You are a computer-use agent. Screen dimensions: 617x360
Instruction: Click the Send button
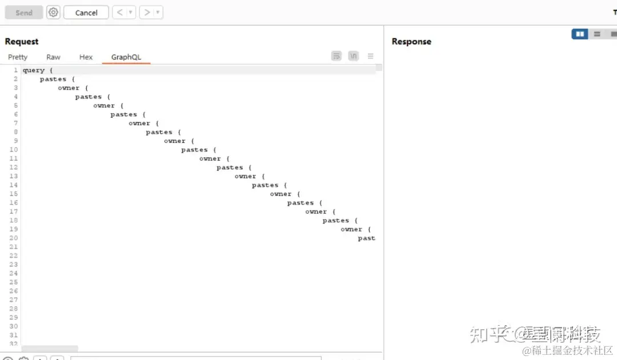point(24,13)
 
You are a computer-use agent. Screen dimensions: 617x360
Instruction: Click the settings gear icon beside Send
point(53,12)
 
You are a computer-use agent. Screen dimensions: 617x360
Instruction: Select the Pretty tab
point(18,57)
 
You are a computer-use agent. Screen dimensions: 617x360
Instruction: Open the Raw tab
point(53,57)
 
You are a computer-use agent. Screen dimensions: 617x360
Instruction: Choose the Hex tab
point(86,57)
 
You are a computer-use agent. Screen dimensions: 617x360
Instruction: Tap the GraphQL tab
point(126,57)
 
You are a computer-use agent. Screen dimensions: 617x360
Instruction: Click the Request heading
point(22,42)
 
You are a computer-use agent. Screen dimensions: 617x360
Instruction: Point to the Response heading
point(411,42)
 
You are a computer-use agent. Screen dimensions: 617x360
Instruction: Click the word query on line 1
point(34,70)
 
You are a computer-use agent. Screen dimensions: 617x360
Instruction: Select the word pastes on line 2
point(53,79)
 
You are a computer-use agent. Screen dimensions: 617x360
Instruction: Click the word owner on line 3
point(69,88)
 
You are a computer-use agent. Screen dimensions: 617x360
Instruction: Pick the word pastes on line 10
point(194,150)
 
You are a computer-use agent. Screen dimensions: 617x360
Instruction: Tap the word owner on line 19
point(351,230)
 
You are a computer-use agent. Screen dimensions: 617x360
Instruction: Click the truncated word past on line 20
point(366,238)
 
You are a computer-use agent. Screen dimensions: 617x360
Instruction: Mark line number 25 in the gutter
point(14,282)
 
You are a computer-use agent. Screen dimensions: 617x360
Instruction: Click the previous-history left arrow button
point(119,13)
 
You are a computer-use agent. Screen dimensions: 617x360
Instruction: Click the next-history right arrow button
point(146,13)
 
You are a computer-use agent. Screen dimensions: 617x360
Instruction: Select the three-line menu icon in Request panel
point(370,56)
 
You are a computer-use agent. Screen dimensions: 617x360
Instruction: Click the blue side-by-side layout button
point(580,34)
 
